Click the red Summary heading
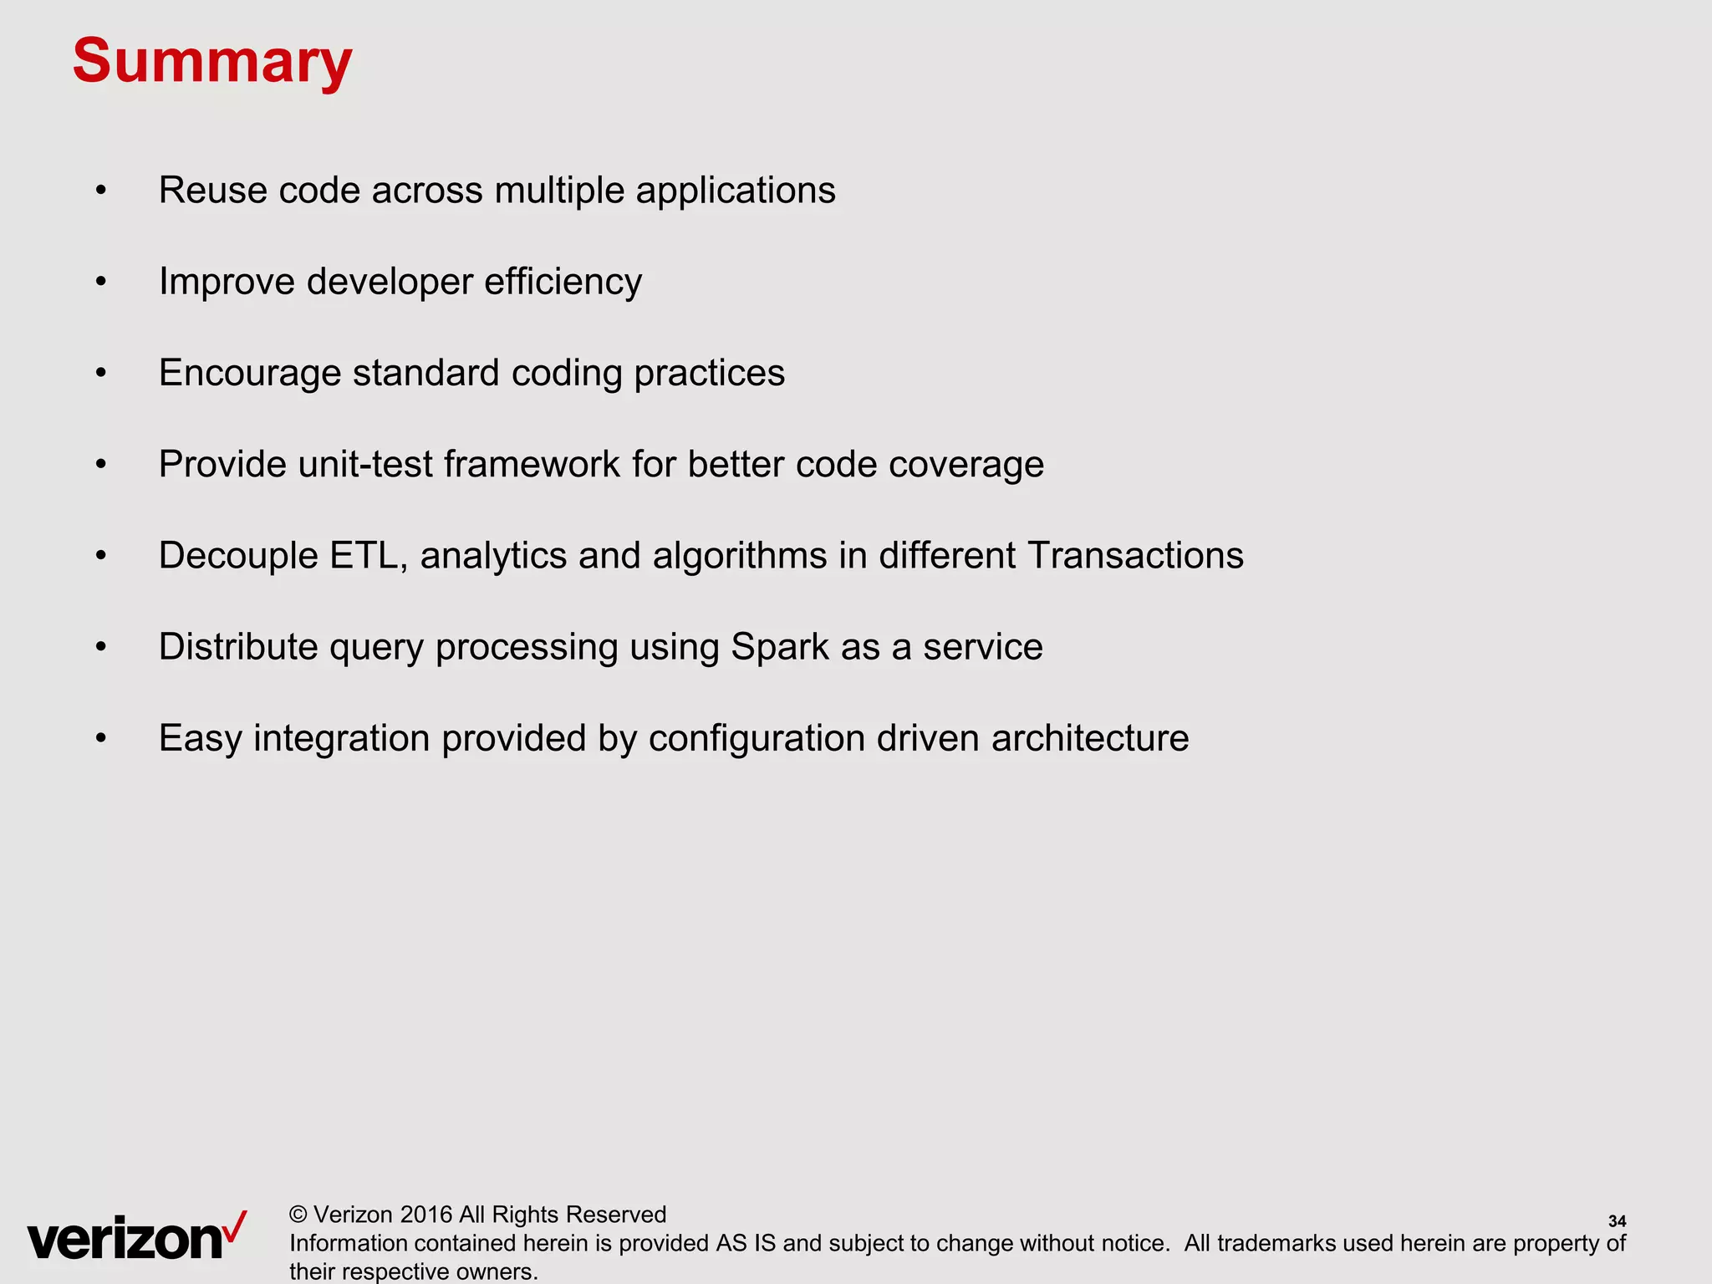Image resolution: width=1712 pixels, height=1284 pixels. [x=212, y=61]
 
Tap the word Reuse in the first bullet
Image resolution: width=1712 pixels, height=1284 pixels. [x=213, y=191]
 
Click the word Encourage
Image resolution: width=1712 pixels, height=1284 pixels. [x=250, y=374]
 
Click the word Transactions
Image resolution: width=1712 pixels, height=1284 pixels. [x=1135, y=556]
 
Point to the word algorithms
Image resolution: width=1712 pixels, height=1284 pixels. [x=740, y=556]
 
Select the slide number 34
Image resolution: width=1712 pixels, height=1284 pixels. [x=1617, y=1221]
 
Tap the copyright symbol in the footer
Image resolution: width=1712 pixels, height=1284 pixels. [x=298, y=1215]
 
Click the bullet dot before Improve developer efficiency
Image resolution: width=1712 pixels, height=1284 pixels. [x=101, y=282]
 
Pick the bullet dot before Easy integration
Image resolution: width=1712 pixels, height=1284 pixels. [x=101, y=739]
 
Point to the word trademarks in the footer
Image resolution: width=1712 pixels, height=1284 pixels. [x=1276, y=1243]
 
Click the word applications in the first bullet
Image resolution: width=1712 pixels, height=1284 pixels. [x=736, y=191]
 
